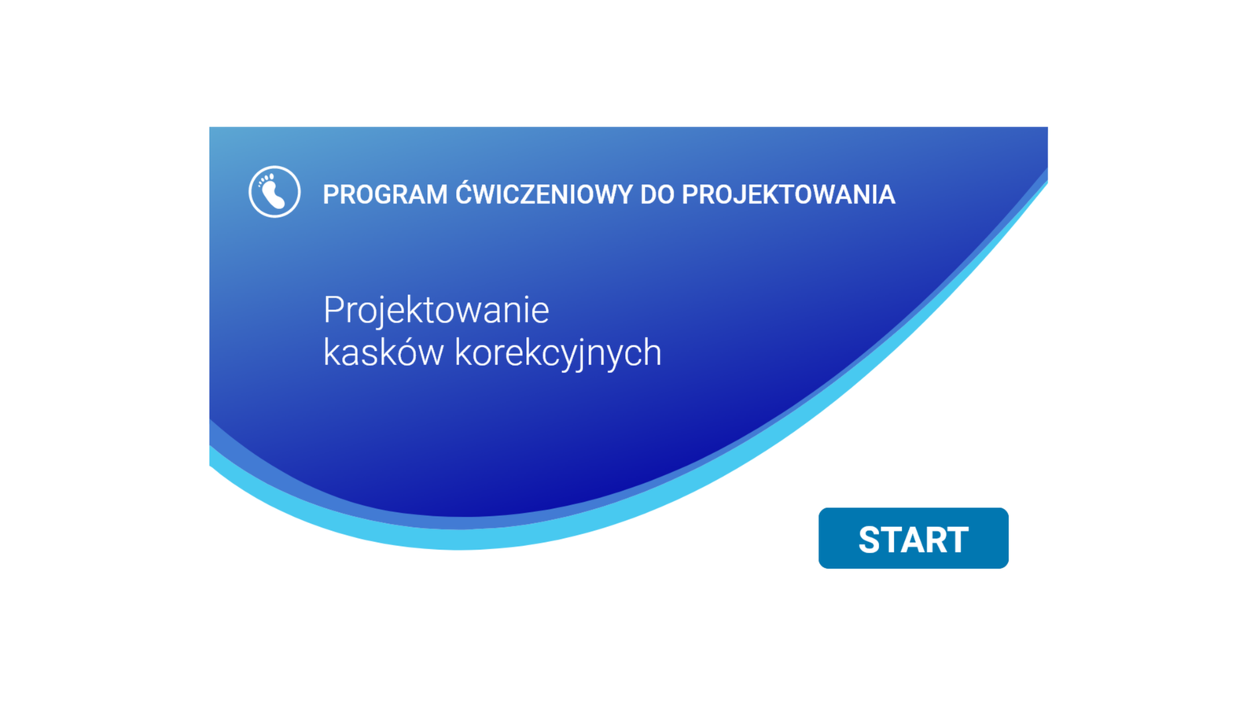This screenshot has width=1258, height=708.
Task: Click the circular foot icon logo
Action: click(274, 192)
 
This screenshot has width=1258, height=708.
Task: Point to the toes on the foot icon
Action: click(266, 179)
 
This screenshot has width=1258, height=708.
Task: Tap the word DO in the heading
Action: click(657, 194)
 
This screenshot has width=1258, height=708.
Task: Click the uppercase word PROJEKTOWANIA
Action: click(789, 194)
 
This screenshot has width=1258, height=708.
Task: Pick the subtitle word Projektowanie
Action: click(436, 311)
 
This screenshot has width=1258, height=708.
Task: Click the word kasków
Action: click(383, 352)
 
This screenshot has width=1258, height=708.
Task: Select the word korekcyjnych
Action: click(558, 354)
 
